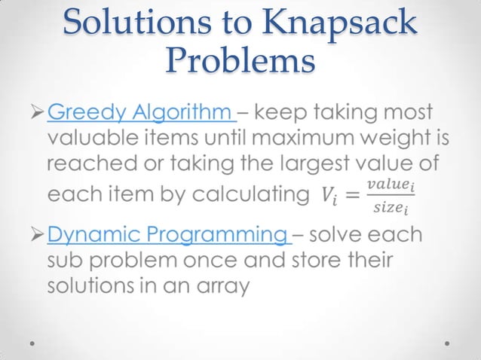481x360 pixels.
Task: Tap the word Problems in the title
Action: (240, 59)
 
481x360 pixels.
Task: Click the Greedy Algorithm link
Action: (142, 114)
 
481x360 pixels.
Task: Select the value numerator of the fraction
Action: (390, 185)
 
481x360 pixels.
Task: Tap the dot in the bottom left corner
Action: (35, 342)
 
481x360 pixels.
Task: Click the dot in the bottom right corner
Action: (447, 342)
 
